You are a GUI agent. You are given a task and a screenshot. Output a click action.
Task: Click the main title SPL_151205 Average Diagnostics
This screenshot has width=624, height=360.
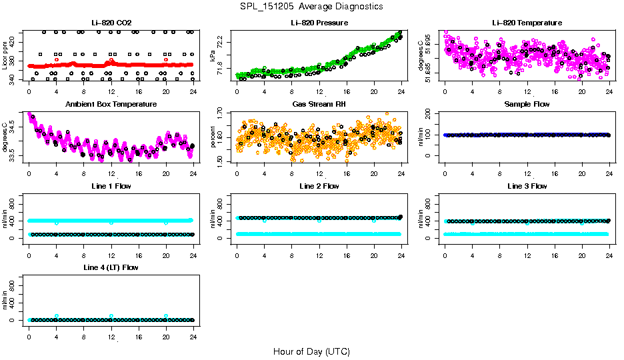[312, 6]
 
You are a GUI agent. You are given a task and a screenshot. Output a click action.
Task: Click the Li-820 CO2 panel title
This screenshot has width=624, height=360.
[111, 23]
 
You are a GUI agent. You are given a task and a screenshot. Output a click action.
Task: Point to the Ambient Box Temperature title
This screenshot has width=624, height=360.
[111, 105]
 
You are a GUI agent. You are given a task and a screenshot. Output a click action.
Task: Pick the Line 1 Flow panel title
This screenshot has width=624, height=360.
[111, 186]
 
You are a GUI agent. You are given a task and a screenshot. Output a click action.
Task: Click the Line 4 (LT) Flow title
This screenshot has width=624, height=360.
[111, 267]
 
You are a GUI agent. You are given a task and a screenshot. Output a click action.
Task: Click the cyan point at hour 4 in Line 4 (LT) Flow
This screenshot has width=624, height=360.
[57, 316]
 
